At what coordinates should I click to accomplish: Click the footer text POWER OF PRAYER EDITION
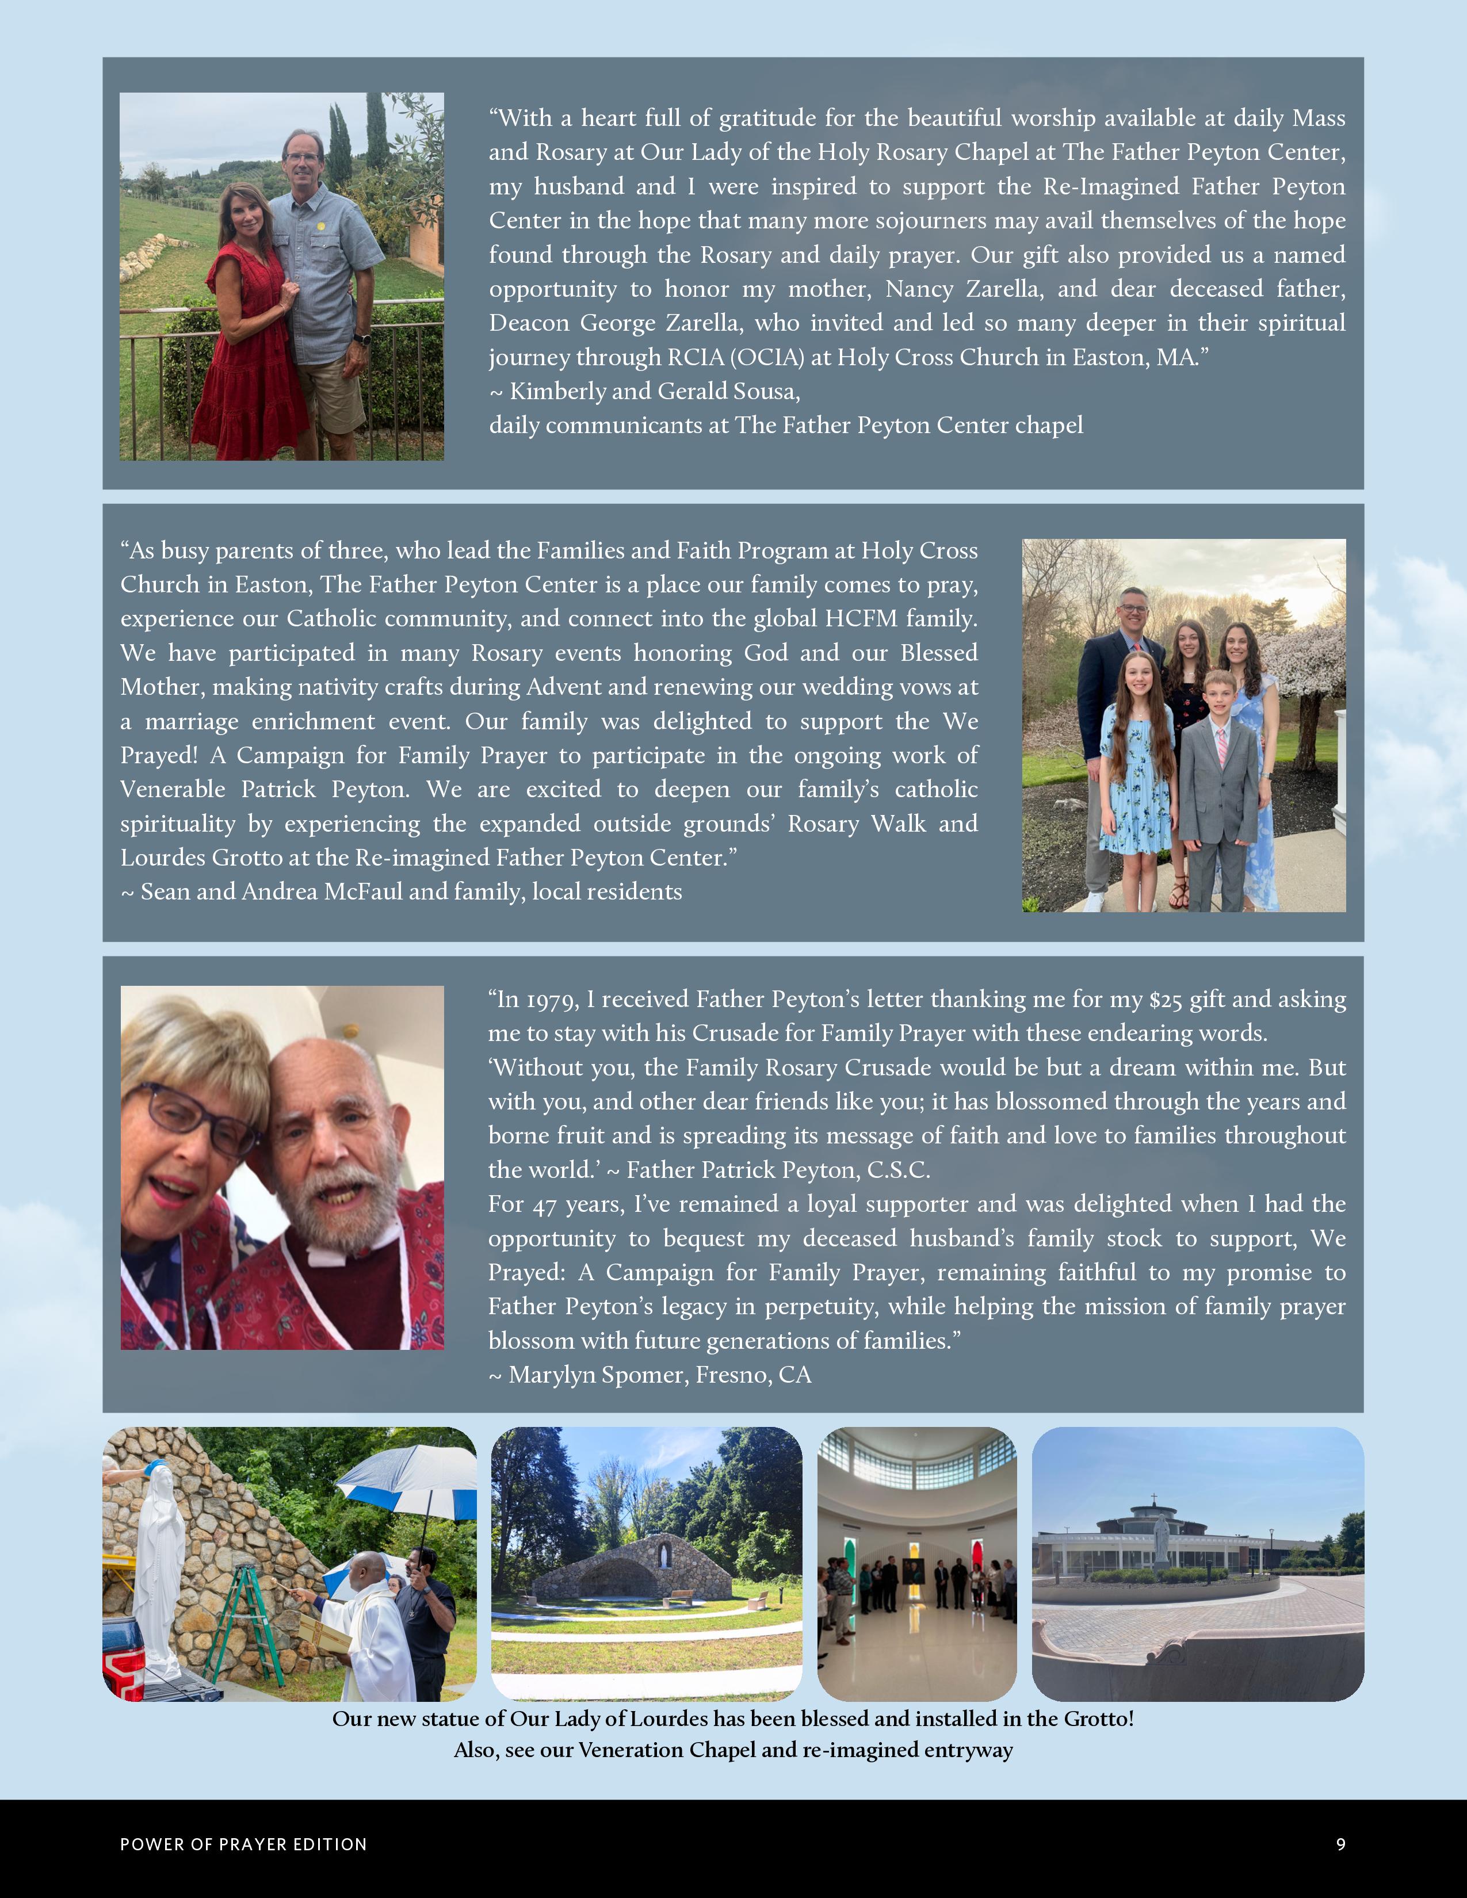pyautogui.click(x=243, y=1844)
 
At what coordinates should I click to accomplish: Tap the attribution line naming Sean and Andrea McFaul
pyautogui.click(x=400, y=891)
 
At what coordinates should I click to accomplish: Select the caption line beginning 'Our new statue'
pyautogui.click(x=732, y=1719)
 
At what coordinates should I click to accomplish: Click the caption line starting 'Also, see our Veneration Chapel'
pyautogui.click(x=732, y=1750)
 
